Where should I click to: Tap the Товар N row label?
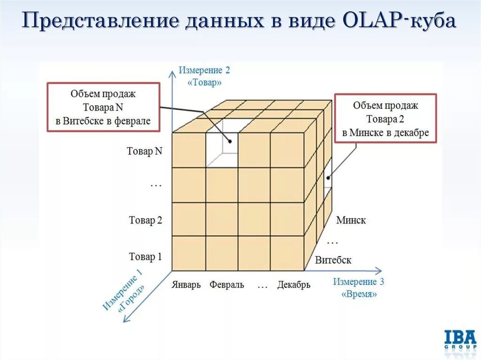[x=145, y=151]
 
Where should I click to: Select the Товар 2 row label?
[x=145, y=220]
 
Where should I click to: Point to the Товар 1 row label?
[x=145, y=257]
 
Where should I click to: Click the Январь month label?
[x=186, y=285]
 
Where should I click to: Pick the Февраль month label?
[x=227, y=285]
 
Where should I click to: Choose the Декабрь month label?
[x=294, y=285]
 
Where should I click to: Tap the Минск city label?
[x=351, y=220]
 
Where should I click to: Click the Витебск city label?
[x=333, y=260]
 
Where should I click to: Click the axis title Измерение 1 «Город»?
[x=124, y=291]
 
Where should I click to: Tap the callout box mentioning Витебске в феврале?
[x=103, y=107]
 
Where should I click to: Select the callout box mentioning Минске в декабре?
[x=385, y=118]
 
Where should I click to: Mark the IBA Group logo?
[x=460, y=340]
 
